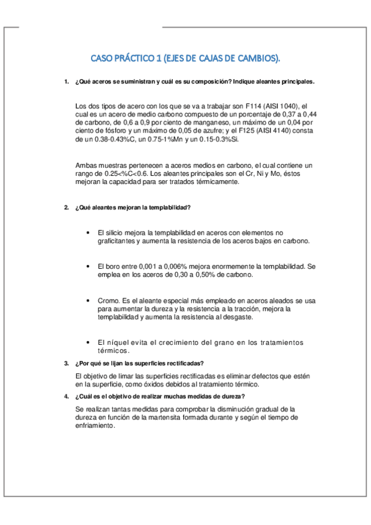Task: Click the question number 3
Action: pyautogui.click(x=66, y=363)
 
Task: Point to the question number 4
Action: pyautogui.click(x=66, y=397)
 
